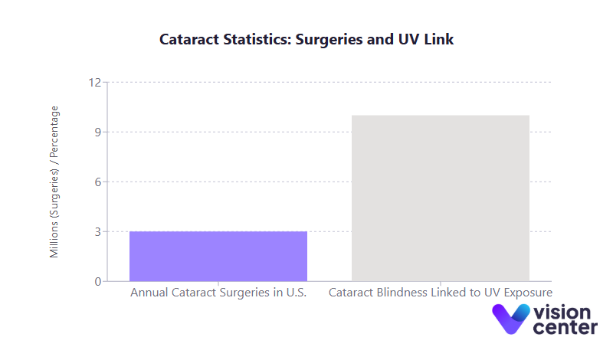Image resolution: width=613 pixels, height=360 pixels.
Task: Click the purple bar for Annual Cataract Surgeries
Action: point(218,256)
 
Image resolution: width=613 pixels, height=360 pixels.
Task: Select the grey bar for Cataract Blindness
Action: point(441,198)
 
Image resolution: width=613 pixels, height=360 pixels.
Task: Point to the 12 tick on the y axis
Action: point(95,83)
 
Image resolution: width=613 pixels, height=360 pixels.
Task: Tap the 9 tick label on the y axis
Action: point(98,133)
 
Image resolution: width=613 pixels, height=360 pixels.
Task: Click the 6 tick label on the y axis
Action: point(98,182)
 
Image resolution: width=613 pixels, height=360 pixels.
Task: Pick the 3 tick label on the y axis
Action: point(98,232)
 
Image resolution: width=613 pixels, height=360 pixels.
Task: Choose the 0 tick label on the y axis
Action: point(98,282)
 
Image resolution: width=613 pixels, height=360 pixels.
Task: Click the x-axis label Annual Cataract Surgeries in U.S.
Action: point(218,293)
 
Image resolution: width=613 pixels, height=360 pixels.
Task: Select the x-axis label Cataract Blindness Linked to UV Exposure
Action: point(441,293)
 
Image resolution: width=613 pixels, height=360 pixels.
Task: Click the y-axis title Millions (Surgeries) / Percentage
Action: point(54,182)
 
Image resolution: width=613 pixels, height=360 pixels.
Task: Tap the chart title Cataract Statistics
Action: point(306,39)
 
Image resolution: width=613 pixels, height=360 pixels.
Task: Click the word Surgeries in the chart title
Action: point(323,39)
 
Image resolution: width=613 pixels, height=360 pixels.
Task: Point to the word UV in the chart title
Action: point(407,39)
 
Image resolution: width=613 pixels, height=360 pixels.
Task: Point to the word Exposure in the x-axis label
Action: point(526,293)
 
